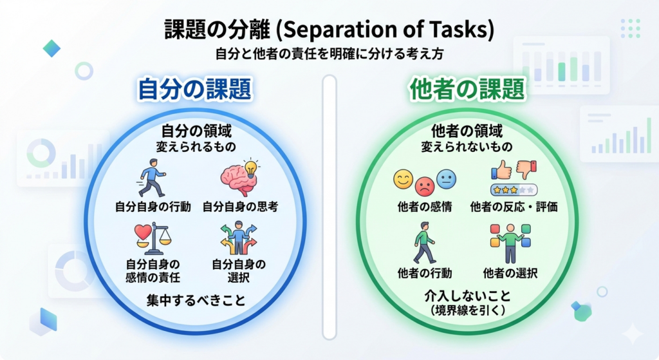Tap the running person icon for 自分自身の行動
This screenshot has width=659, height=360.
152,177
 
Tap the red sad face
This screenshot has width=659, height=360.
424,187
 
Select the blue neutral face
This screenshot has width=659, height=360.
445,179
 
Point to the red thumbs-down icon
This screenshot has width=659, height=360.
526,170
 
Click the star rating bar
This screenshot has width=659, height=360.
513,190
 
